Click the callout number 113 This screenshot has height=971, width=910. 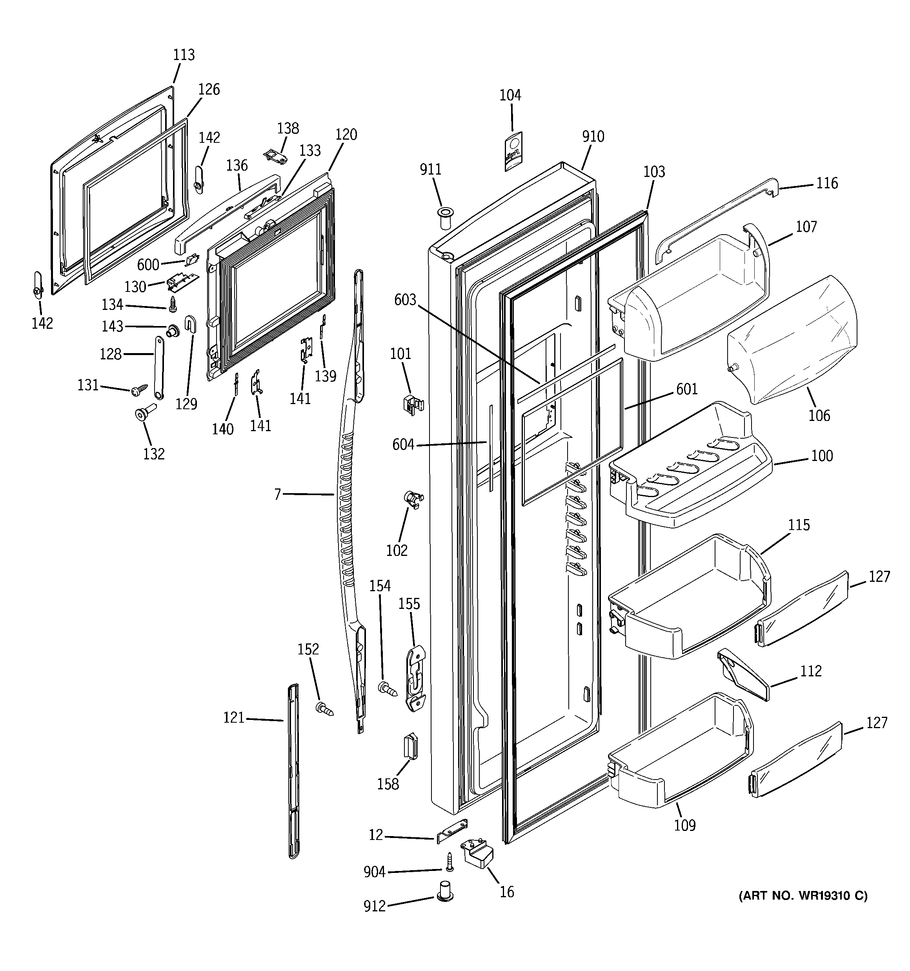(184, 55)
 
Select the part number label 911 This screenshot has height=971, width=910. (430, 169)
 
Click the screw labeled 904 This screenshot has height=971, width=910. (450, 862)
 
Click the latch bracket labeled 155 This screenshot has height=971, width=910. (415, 680)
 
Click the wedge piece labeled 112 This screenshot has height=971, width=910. (743, 676)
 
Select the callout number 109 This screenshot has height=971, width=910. (684, 825)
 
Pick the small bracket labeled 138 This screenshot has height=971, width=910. (275, 155)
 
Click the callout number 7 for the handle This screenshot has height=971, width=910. (277, 494)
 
